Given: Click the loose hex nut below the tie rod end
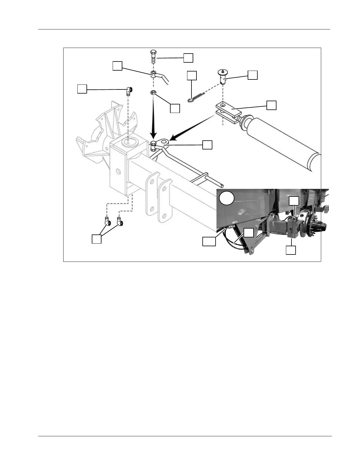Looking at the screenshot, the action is tap(153, 93).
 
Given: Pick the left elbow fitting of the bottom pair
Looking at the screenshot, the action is tap(107, 221).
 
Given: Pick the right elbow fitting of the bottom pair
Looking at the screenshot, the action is tap(120, 221).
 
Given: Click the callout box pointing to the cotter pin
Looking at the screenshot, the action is tap(192, 76).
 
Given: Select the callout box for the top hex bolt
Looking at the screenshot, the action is tap(188, 58).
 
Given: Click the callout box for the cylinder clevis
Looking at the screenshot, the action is tap(271, 105).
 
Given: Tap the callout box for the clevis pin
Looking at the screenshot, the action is tap(253, 75).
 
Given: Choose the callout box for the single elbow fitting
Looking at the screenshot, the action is tap(82, 89).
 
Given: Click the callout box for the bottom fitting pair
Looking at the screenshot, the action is tap(96, 239).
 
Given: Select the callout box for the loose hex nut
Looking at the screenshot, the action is tap(175, 108).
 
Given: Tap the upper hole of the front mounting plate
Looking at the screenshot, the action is tap(151, 181).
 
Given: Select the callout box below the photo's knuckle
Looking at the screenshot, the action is tap(291, 250).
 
